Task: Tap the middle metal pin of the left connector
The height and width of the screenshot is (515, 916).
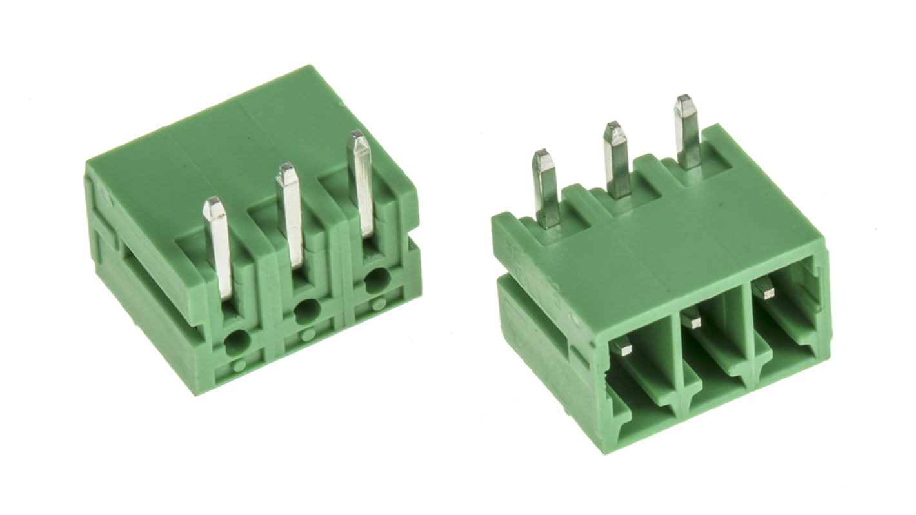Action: pyautogui.click(x=290, y=213)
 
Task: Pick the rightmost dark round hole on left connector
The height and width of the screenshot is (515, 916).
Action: pyautogui.click(x=375, y=281)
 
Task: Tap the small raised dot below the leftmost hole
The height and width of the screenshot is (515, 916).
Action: pyautogui.click(x=239, y=365)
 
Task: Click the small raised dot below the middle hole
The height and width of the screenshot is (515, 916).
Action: pyautogui.click(x=308, y=334)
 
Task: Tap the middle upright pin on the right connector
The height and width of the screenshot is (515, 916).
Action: pyautogui.click(x=617, y=160)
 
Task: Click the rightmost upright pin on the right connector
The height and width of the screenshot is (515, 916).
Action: pyautogui.click(x=686, y=132)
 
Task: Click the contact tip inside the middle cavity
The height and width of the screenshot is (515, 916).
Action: pyautogui.click(x=694, y=320)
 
